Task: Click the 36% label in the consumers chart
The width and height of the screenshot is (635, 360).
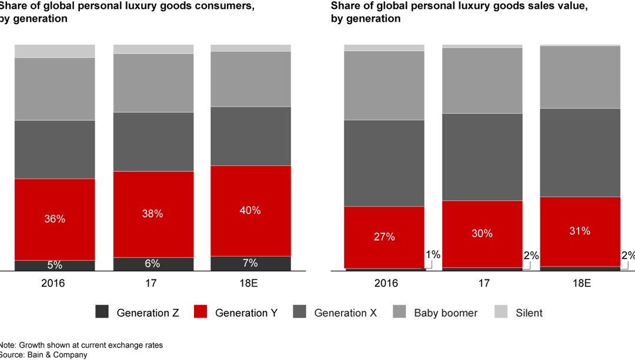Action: point(55,219)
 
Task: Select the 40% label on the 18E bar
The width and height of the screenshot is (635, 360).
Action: point(250,211)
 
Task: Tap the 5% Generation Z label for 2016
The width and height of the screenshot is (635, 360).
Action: point(55,265)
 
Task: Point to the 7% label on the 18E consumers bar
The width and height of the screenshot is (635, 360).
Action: point(250,263)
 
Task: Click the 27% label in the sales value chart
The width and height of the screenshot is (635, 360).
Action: point(385,237)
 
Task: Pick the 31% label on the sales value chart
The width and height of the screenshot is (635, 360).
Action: point(580,231)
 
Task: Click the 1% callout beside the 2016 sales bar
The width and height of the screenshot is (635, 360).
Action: point(433,255)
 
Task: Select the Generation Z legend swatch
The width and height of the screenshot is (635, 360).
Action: point(102,312)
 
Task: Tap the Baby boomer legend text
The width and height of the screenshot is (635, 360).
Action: point(446,313)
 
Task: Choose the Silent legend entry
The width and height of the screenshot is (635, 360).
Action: point(529,313)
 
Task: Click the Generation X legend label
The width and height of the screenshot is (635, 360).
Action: point(345,313)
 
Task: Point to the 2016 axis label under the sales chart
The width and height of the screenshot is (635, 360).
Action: point(386,283)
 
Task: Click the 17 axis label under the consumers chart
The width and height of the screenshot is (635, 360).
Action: point(153,283)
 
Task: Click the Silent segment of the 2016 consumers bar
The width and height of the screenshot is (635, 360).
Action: point(55,51)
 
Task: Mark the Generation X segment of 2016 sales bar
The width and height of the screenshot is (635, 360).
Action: point(385,163)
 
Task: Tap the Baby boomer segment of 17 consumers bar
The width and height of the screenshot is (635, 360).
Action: point(153,82)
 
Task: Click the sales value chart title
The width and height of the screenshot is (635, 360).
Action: point(459,12)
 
